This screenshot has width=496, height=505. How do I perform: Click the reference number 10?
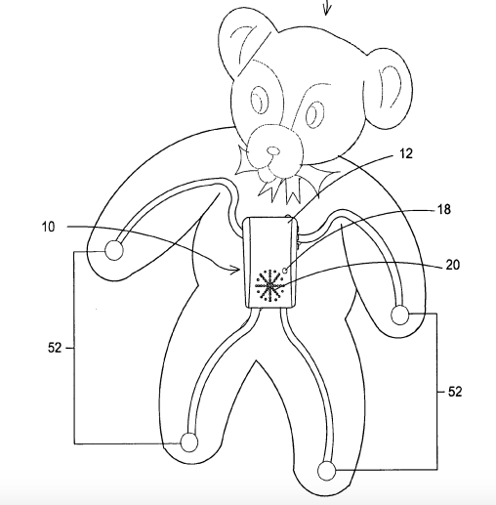pos(48,227)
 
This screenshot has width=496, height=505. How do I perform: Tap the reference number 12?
pos(405,153)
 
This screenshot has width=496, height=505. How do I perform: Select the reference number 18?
pos(444,209)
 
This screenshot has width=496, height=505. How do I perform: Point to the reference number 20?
pos(453,265)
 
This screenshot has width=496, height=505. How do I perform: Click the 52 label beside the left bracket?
pos(55,348)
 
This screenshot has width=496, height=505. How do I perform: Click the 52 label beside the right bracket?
pos(455,392)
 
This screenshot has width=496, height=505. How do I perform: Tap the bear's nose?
pos(273,150)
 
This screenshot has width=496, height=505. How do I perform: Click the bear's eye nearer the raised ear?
pos(260,100)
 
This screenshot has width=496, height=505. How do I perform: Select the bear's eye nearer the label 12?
pos(314,113)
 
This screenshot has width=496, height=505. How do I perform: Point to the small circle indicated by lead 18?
pos(285,271)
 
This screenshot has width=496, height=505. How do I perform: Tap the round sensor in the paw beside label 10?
pos(114,251)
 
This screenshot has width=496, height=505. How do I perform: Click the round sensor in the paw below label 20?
pos(400,316)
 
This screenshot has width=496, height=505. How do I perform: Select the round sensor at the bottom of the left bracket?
pos(189,442)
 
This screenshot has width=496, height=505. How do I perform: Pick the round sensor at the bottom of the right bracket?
pos(326,471)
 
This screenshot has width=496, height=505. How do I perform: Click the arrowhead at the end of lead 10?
pos(235,270)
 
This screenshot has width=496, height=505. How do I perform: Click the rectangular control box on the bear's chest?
pos(270,262)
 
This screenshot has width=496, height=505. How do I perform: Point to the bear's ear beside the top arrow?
pos(245,41)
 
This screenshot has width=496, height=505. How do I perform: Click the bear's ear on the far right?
pos(388,89)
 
